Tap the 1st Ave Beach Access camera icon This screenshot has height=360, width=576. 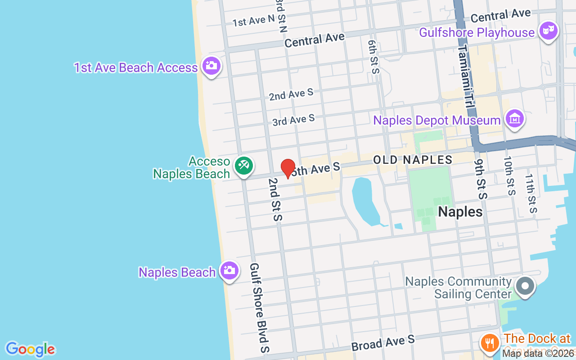[211, 66]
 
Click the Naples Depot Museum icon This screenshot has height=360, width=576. [514, 119]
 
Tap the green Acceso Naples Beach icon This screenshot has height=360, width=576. [243, 166]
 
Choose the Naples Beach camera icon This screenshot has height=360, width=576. [229, 270]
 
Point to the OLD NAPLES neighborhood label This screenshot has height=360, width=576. [413, 160]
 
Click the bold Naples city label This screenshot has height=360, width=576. [460, 212]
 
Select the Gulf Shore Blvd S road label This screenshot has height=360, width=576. [260, 308]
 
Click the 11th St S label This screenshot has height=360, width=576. [531, 193]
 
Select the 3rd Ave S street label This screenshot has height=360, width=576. [293, 120]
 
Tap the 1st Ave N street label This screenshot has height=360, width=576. [253, 20]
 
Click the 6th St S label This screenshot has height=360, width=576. [373, 57]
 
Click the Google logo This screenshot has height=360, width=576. [30, 349]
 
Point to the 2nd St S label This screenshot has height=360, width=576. [274, 199]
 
